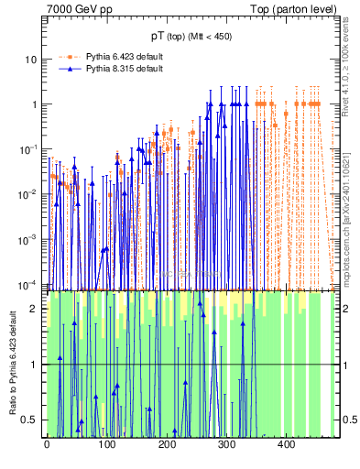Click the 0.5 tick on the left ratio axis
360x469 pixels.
click(30, 420)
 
